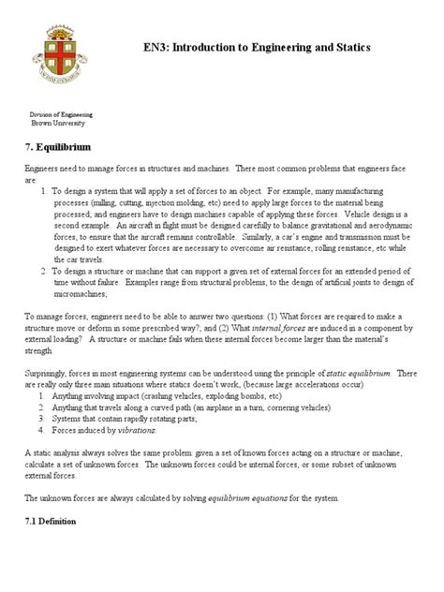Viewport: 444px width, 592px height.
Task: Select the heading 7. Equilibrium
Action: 64,147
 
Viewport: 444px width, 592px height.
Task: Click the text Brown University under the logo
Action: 63,123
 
